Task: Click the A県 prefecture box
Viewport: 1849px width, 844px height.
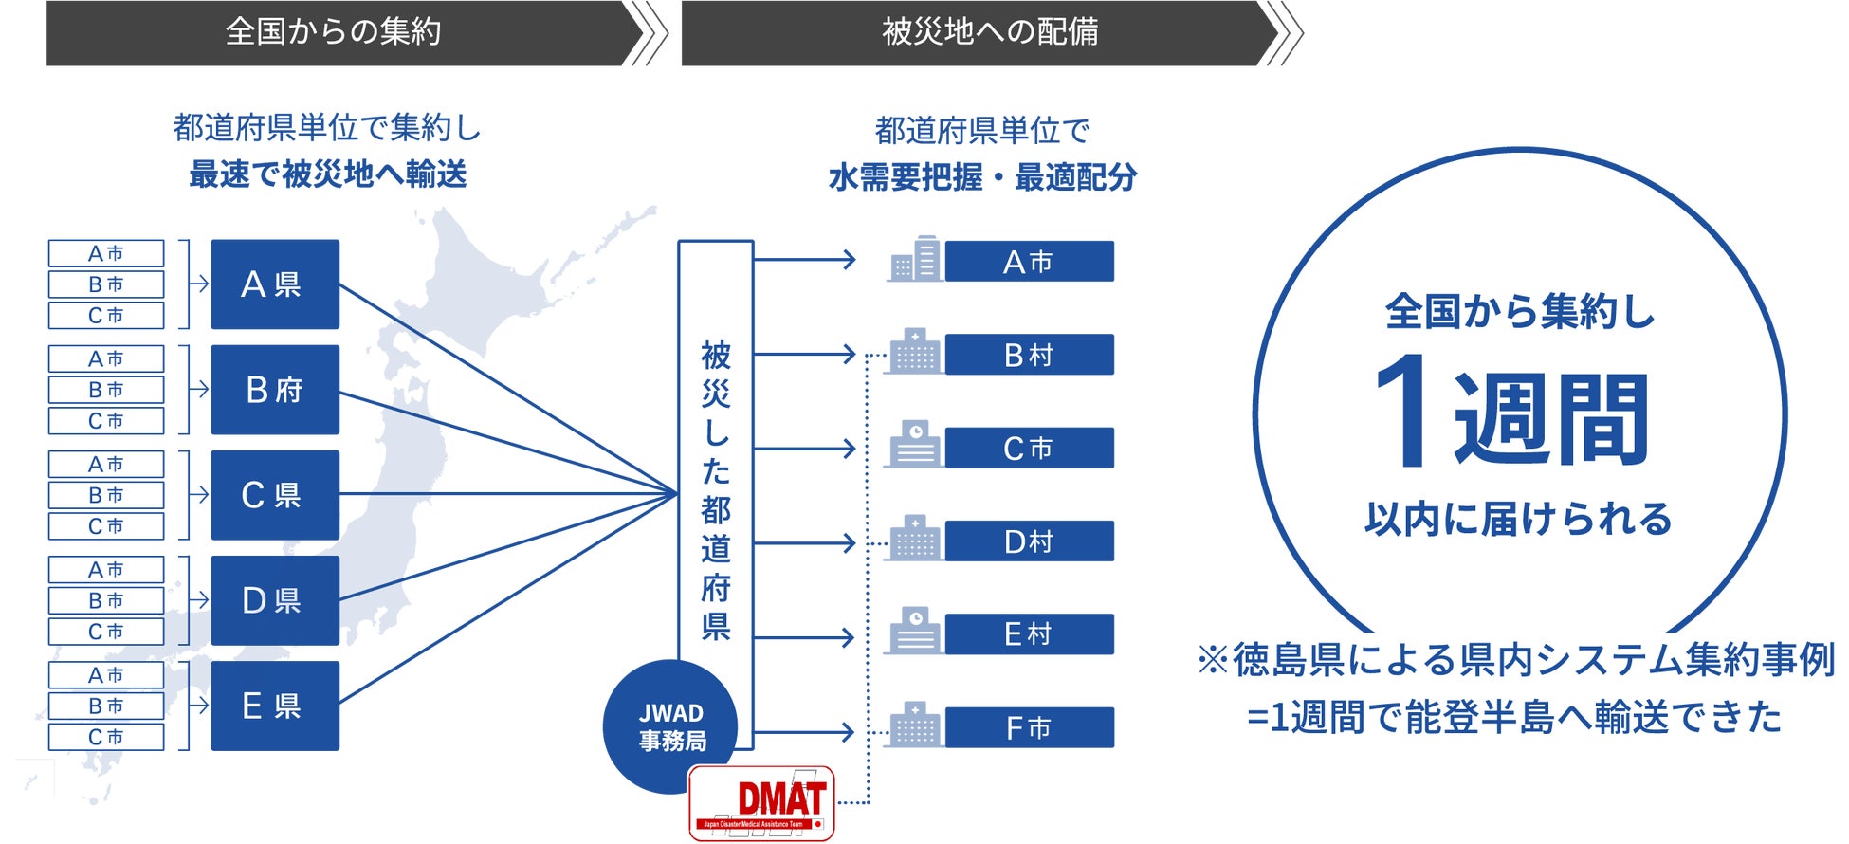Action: tap(274, 284)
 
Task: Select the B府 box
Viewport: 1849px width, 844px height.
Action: tap(274, 390)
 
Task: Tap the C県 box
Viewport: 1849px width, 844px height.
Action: tap(274, 495)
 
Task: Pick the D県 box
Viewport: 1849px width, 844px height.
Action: tap(274, 600)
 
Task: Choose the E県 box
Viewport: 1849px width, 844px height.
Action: tap(274, 706)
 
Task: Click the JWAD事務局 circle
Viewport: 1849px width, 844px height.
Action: tap(670, 726)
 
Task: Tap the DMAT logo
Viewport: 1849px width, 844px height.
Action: tap(761, 803)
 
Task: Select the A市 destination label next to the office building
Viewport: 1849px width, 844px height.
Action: tap(1029, 262)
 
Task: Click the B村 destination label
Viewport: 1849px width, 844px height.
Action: tap(1029, 355)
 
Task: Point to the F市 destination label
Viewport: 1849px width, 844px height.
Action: tap(1029, 728)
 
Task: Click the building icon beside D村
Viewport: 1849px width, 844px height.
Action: tap(913, 540)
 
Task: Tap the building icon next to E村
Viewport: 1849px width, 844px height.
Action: tap(913, 632)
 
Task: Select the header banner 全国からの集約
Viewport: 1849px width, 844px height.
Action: tap(334, 32)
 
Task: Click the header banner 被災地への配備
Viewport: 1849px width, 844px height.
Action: tap(989, 32)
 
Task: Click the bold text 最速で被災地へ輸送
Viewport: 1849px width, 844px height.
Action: tap(328, 174)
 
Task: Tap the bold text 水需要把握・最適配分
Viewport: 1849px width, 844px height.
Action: tap(982, 177)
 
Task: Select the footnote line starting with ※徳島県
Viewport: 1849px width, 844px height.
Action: tap(1515, 660)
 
